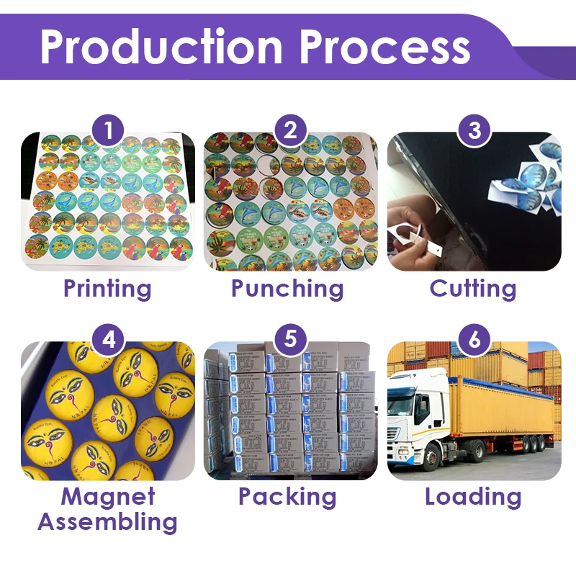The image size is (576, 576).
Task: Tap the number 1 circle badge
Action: coord(108,131)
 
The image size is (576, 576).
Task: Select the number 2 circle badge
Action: coord(290,131)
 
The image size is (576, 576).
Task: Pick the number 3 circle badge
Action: coord(474,131)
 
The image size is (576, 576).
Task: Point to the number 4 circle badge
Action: coord(108,339)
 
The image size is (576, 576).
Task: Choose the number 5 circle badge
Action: coord(290,339)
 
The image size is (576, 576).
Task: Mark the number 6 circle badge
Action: coord(474,339)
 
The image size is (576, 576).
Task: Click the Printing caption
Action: coord(107,289)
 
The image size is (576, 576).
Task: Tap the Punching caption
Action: coord(287,289)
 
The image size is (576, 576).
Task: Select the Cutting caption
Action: coord(473,289)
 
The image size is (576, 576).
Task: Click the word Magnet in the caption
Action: coord(107,496)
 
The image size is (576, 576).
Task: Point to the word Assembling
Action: coord(107,522)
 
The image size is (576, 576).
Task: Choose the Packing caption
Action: coord(287,496)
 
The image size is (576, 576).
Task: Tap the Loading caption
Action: coord(473,496)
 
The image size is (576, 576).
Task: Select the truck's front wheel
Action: coord(432,458)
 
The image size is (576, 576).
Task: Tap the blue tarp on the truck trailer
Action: coord(504,382)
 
